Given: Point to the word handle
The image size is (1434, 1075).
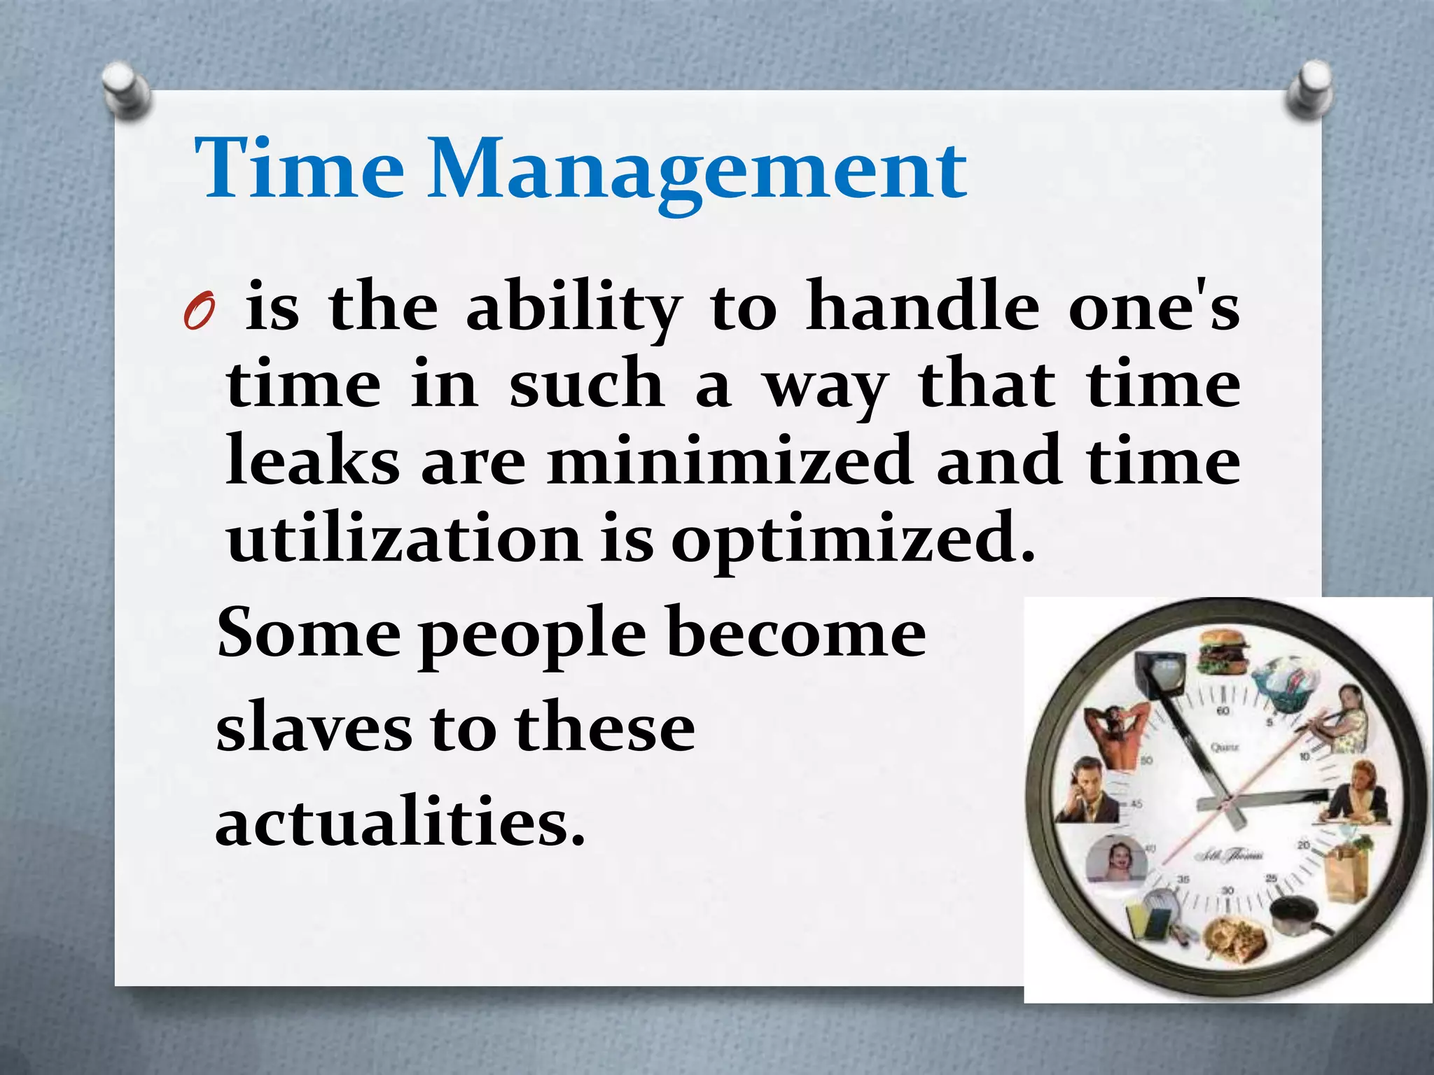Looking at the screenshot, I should point(922,308).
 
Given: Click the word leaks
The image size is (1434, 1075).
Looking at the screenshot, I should point(312,461).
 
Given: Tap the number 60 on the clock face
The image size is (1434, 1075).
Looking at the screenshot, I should point(1223,712).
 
